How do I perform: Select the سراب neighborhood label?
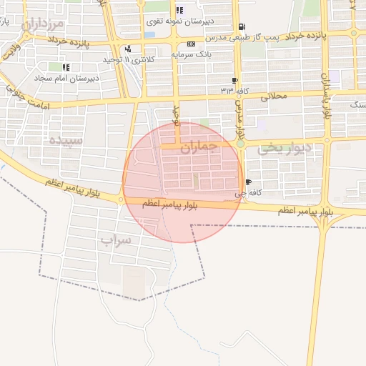116,239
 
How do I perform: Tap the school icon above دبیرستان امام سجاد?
66,67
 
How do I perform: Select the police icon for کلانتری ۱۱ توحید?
128,49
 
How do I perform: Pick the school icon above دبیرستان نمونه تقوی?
179,11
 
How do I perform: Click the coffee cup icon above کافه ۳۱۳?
235,80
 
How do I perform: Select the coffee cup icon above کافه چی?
248,182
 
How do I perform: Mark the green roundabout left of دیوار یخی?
241,144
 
